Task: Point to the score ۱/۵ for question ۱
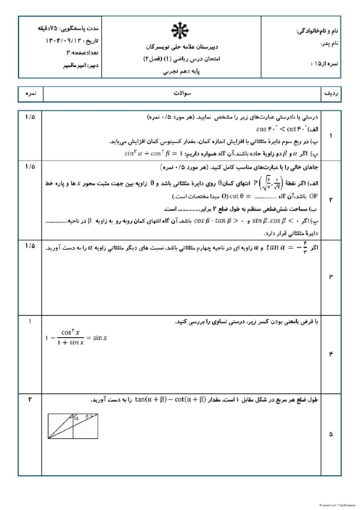pos(29,116)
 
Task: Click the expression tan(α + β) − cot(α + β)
pos(134,400)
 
